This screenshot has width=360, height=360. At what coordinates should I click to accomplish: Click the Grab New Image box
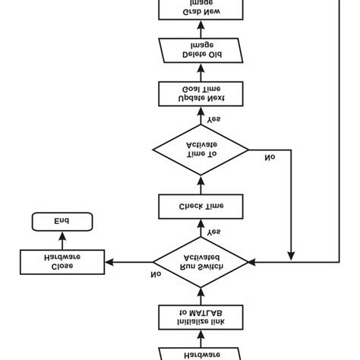[x=201, y=9]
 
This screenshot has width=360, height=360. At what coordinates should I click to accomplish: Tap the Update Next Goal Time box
[x=201, y=94]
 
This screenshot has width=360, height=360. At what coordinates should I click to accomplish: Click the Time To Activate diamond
[x=201, y=149]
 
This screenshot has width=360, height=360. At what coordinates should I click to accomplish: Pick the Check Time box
[x=201, y=205]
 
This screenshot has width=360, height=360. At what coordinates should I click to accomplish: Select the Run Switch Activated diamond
[x=201, y=262]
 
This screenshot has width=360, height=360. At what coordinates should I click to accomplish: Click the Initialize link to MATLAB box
[x=201, y=317]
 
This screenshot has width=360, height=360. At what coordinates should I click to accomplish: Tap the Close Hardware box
[x=61, y=262]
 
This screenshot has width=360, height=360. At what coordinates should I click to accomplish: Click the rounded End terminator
[x=61, y=222]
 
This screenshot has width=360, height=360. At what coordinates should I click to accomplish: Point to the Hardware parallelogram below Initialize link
[x=201, y=352]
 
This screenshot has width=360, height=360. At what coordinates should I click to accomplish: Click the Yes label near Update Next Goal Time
[x=214, y=118]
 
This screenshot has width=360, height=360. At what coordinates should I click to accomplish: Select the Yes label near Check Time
[x=214, y=231]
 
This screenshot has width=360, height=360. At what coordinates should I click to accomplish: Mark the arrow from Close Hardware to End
[x=61, y=240]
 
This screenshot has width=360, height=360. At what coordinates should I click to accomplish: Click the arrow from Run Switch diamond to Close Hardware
[x=129, y=262]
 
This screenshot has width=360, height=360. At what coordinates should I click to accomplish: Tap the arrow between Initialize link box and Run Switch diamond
[x=201, y=295]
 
